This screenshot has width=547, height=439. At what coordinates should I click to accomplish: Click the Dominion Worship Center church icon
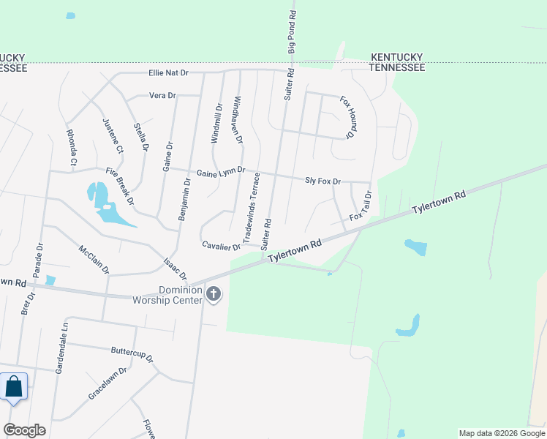(214, 294)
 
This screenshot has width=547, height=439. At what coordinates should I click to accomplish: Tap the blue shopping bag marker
(15, 386)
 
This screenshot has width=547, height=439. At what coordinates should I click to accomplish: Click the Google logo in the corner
(24, 430)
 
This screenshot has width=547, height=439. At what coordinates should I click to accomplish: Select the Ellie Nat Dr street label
(168, 73)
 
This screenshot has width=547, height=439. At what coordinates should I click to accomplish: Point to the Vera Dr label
(162, 96)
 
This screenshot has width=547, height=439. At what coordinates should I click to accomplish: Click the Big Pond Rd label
(293, 31)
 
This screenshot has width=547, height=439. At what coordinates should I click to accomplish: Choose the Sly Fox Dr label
(322, 180)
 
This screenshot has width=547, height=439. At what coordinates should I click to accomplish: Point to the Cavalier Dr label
(222, 246)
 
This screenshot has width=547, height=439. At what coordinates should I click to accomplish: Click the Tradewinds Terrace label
(251, 209)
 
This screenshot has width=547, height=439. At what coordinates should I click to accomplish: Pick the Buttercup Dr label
(132, 353)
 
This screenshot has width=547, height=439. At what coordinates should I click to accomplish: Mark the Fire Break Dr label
(120, 186)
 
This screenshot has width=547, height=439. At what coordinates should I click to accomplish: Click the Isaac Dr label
(176, 271)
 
